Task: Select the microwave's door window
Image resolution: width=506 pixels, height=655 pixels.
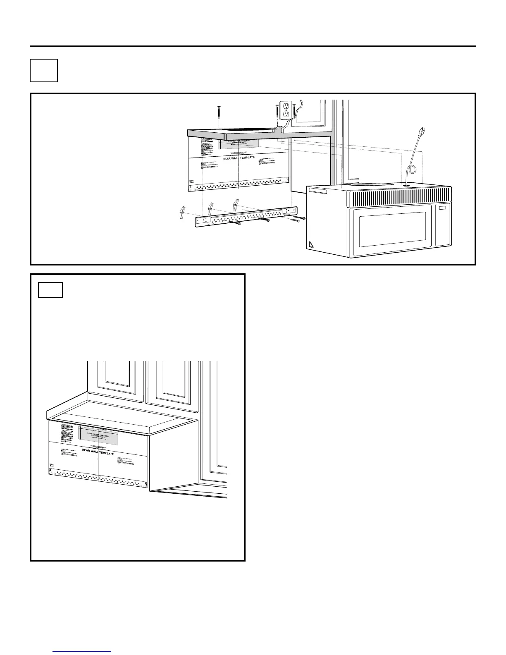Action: point(392,229)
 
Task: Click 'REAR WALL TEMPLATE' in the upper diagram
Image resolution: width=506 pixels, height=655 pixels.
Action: point(239,158)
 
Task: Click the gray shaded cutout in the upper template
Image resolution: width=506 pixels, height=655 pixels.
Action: point(239,143)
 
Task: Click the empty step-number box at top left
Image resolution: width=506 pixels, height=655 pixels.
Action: point(44,71)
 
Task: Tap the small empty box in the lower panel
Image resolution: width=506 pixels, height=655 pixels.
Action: point(50,290)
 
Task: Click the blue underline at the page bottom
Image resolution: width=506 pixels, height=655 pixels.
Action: point(83,651)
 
